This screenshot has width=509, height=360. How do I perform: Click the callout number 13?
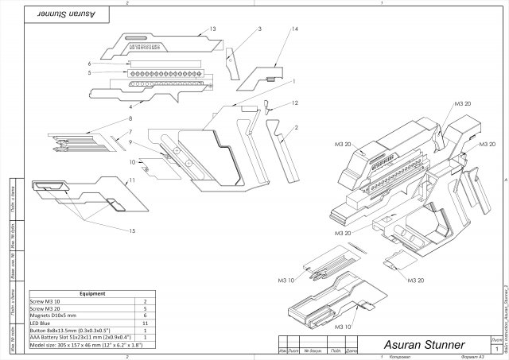coord(212,29)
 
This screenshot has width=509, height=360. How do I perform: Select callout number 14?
coord(273,29)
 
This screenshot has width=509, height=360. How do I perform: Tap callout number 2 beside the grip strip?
coord(296,127)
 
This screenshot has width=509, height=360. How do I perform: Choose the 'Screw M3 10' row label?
coord(47,302)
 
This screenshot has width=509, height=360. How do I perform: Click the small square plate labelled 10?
coord(146,168)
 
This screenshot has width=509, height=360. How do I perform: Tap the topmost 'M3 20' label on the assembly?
coord(463,104)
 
